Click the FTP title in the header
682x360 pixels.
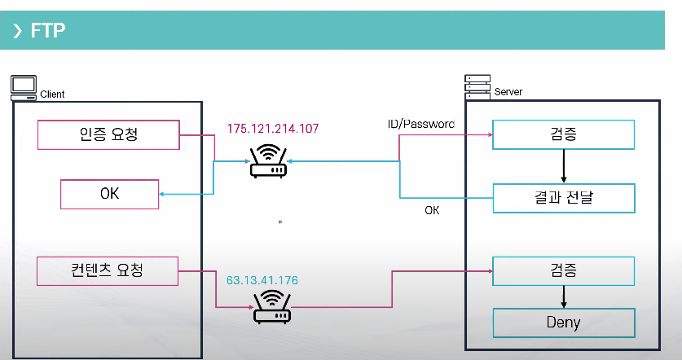(x=47, y=31)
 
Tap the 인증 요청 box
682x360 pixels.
(x=108, y=134)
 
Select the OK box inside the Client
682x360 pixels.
(x=110, y=195)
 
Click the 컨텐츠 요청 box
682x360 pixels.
(x=108, y=270)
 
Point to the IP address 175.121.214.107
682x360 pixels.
(x=273, y=129)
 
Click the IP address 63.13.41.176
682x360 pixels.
(x=262, y=280)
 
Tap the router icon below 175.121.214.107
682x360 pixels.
(x=267, y=161)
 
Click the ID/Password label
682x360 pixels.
(x=420, y=124)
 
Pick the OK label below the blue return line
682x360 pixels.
(x=432, y=210)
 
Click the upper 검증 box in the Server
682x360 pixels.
(x=563, y=134)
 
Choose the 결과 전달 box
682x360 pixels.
(x=563, y=196)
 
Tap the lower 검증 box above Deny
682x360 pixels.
(x=563, y=270)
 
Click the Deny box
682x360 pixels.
(x=563, y=323)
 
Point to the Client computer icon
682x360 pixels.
(x=23, y=87)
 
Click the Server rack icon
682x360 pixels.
(x=476, y=85)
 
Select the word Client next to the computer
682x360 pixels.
(x=52, y=94)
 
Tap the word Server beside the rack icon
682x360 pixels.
(x=508, y=91)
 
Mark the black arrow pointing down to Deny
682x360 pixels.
(x=563, y=295)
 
